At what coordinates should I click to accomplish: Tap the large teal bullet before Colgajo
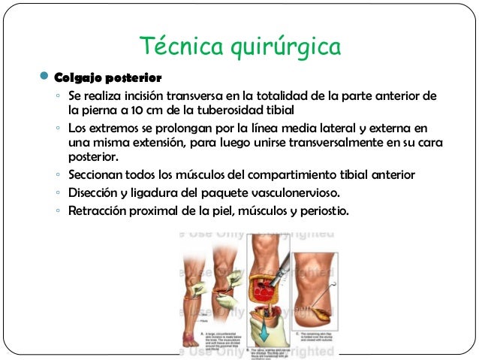point(43,77)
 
